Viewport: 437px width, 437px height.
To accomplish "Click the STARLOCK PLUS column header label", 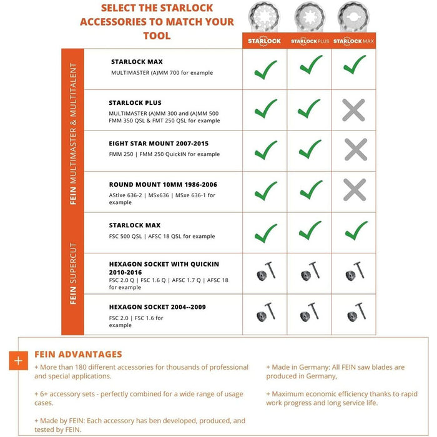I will tap(309, 41).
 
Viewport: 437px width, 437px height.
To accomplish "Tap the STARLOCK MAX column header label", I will tap(353, 41).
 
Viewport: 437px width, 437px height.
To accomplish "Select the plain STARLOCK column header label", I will tap(264, 41).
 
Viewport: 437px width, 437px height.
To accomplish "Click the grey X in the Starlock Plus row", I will tap(354, 110).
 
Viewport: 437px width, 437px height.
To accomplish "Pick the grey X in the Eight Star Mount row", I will tap(354, 150).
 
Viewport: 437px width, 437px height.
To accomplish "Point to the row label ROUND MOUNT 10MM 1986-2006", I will tap(163, 185).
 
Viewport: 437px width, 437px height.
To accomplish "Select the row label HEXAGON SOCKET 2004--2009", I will tap(157, 307).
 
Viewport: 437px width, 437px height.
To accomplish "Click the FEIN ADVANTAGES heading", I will tap(78, 354).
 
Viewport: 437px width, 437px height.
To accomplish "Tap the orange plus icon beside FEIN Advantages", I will tap(19, 360).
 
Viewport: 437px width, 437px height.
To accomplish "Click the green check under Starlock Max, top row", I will tap(355, 65).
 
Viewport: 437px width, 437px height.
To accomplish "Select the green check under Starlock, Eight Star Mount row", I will tap(265, 150).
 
